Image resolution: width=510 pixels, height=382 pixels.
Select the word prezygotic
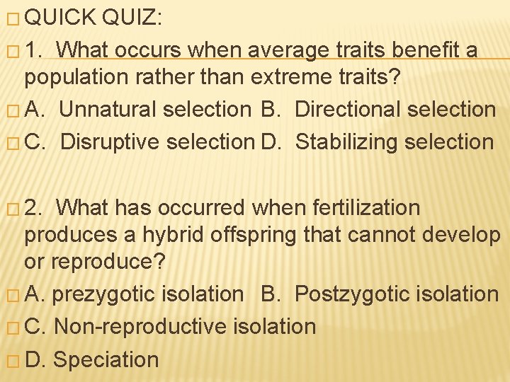[102, 294]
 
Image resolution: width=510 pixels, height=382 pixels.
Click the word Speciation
[106, 359]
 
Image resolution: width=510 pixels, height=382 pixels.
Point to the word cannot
[386, 234]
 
